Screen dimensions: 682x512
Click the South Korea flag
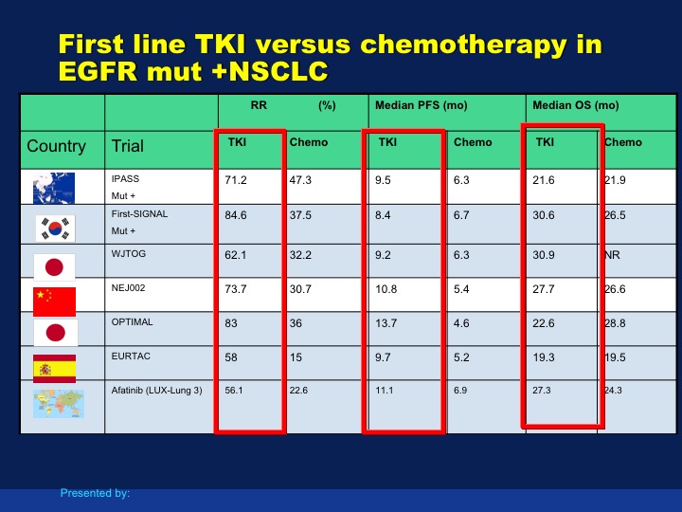(55, 229)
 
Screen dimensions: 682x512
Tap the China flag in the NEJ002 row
(54, 302)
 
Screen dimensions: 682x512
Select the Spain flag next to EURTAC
(54, 369)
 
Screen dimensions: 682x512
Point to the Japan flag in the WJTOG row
(54, 266)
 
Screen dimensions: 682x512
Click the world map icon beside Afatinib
(59, 404)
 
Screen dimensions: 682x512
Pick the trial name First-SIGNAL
(139, 214)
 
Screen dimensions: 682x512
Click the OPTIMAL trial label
(133, 322)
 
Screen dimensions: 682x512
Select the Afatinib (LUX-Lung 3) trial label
(157, 391)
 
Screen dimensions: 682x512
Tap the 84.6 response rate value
(236, 215)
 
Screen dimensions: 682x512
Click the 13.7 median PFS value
(386, 323)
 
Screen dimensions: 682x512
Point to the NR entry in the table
(613, 255)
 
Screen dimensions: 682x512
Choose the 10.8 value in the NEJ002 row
(386, 289)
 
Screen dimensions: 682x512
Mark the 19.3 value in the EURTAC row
(544, 357)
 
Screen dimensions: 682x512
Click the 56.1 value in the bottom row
(234, 391)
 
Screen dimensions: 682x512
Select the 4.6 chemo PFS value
(461, 323)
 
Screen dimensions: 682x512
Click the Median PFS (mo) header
(421, 105)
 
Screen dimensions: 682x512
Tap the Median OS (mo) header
(576, 105)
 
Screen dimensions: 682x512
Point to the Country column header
(57, 146)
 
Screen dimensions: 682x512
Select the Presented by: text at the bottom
(95, 493)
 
